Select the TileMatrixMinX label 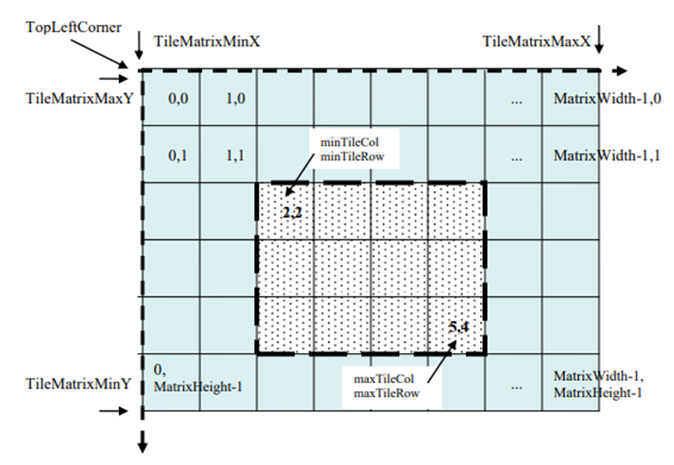click(x=206, y=41)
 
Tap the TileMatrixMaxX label click(x=535, y=40)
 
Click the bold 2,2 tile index click(x=291, y=211)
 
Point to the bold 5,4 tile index click(x=459, y=327)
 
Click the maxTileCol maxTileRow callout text click(x=387, y=386)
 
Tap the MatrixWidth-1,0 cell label click(x=607, y=100)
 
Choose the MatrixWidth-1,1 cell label click(x=607, y=156)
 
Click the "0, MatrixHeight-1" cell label click(x=198, y=378)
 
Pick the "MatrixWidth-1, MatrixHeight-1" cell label click(x=598, y=384)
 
